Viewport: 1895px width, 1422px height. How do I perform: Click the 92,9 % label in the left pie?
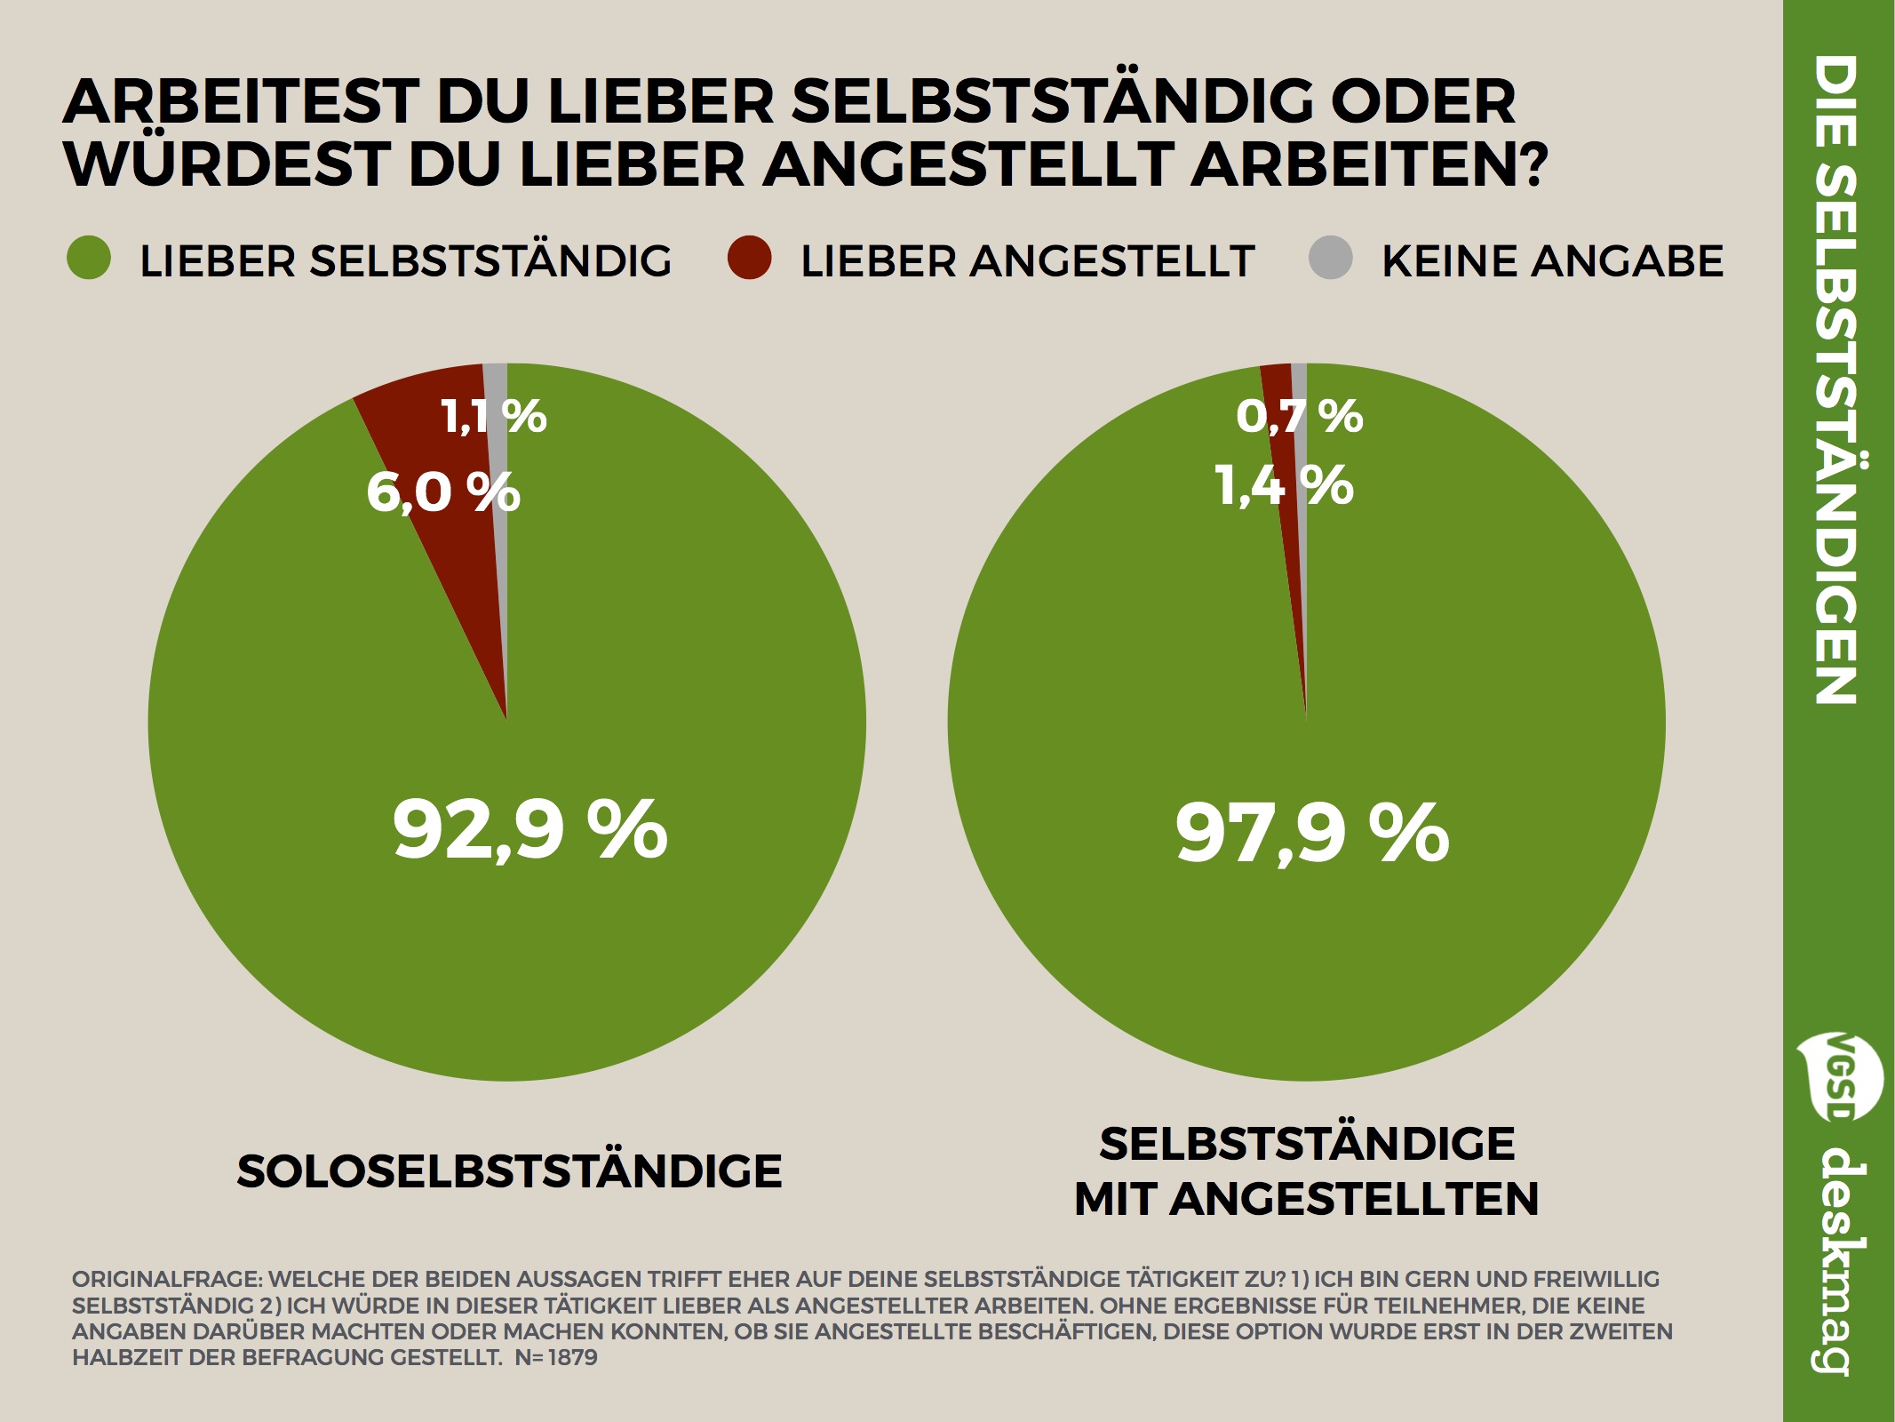tap(529, 829)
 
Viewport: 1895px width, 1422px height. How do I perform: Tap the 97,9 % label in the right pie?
tap(1312, 833)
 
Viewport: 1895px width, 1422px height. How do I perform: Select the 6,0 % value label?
tap(442, 491)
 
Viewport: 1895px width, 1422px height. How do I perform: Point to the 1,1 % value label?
tap(493, 416)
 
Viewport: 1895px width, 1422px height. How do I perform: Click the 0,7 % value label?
tap(1299, 416)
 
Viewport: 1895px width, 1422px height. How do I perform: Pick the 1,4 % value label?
tap(1284, 486)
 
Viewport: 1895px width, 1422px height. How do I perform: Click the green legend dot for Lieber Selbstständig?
tap(89, 259)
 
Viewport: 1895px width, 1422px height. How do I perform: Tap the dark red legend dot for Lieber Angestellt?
tap(749, 259)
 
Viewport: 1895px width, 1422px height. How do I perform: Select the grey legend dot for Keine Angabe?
tap(1331, 259)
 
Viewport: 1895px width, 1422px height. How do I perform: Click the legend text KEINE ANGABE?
tap(1552, 261)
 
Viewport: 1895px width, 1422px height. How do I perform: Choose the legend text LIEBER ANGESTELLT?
tap(1027, 261)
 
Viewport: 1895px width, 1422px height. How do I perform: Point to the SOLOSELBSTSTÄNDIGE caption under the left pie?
tap(509, 1171)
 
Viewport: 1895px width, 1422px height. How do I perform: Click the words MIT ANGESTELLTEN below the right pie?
tap(1306, 1199)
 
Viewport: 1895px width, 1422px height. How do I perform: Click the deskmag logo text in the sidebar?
tap(1839, 1262)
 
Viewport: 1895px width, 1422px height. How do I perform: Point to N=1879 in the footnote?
tap(556, 1357)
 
